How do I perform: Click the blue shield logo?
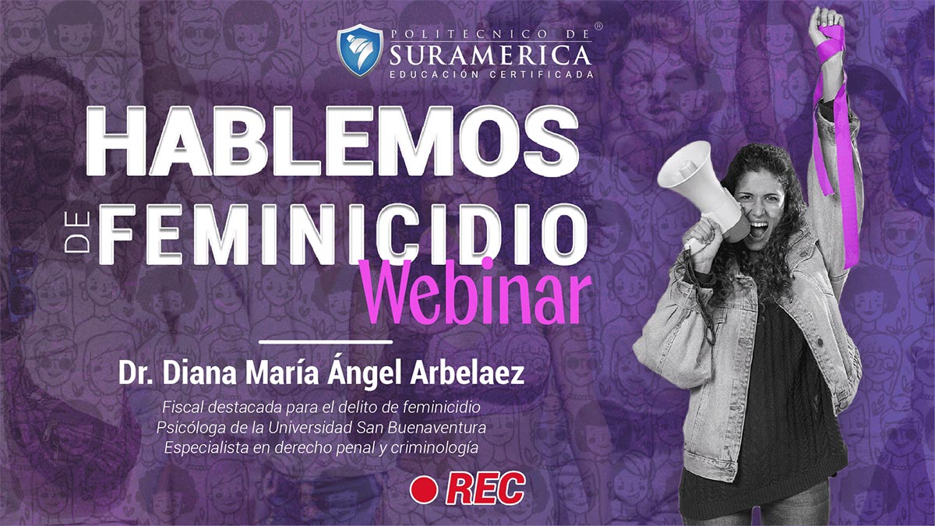click(359, 51)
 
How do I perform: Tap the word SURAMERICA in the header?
click(491, 55)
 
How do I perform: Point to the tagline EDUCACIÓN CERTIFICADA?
click(492, 75)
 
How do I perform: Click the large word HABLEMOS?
click(332, 141)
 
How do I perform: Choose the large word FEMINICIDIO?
click(343, 235)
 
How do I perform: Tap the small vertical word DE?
click(77, 232)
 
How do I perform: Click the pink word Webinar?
click(476, 293)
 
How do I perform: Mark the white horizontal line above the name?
click(326, 342)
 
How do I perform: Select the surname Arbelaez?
click(467, 373)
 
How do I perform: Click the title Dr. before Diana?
click(134, 374)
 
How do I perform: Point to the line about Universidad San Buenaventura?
click(321, 428)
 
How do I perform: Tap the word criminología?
click(435, 448)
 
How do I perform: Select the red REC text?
click(485, 489)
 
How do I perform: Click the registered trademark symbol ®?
click(598, 26)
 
